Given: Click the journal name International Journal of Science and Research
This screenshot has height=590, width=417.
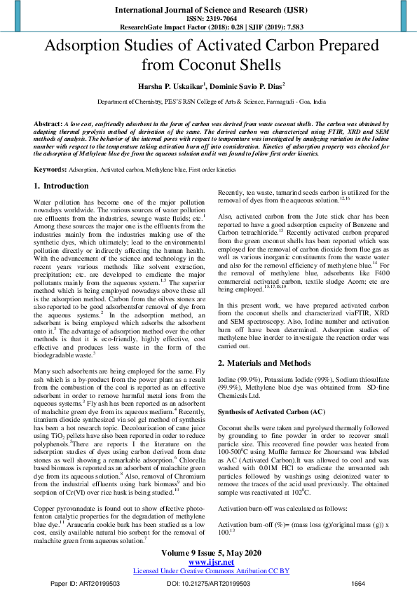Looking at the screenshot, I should pyautogui.click(x=208, y=11).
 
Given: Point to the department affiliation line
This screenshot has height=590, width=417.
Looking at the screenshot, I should pyautogui.click(x=208, y=102).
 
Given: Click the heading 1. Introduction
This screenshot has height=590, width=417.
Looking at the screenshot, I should pyautogui.click(x=62, y=186).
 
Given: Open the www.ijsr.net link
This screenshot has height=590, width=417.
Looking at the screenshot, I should pyautogui.click(x=208, y=562).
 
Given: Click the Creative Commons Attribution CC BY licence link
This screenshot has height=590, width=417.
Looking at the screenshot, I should pyautogui.click(x=208, y=570).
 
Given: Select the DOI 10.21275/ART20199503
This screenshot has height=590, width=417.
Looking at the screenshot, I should pyautogui.click(x=208, y=583).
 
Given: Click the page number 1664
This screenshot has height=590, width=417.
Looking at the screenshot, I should pyautogui.click(x=358, y=583).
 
